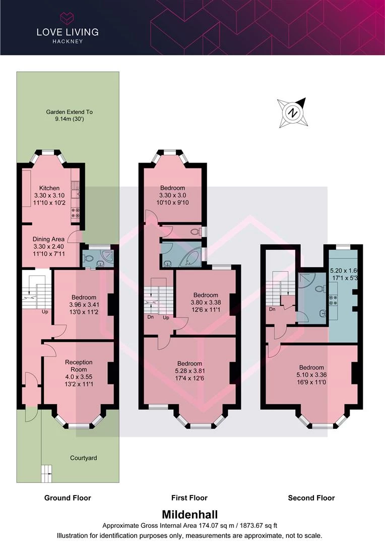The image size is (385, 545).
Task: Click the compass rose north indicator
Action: coord(292,112)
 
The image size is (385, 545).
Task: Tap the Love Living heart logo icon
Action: coord(67,19)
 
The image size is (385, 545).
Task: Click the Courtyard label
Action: coord(83,458)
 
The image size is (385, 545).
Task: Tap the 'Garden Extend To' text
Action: coord(70,112)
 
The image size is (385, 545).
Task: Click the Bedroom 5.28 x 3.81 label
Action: coord(189,363)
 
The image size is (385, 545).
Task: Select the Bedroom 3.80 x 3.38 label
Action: coord(206,295)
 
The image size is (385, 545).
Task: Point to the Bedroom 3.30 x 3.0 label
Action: coord(172,188)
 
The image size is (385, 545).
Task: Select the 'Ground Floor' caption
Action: coord(68,498)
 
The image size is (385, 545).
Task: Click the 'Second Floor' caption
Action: coord(311,498)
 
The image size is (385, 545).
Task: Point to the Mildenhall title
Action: coord(189,515)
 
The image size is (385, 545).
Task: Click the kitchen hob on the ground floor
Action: coord(76,212)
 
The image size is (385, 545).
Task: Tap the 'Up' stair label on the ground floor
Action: coord(45,311)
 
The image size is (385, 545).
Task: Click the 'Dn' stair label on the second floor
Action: coord(272,309)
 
